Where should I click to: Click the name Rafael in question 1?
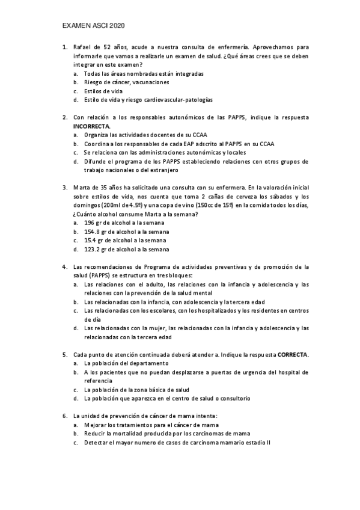point(82,46)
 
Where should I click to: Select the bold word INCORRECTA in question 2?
point(91,126)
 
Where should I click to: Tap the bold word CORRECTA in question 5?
point(292,355)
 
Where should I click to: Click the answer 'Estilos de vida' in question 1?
point(103,91)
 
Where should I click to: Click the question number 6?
point(64,416)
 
